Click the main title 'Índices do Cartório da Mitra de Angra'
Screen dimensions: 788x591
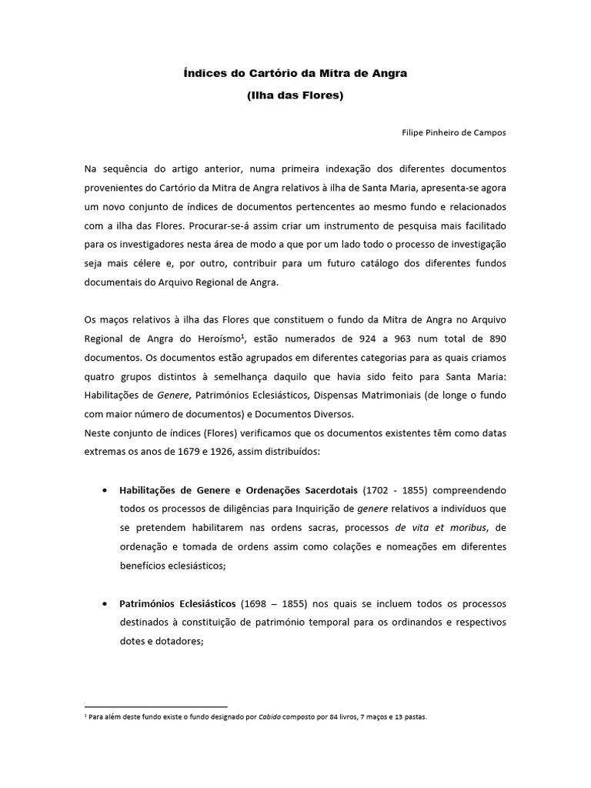tap(295, 74)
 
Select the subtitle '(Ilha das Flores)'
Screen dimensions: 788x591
tap(295, 98)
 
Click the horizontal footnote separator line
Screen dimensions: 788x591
tap(156, 706)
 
